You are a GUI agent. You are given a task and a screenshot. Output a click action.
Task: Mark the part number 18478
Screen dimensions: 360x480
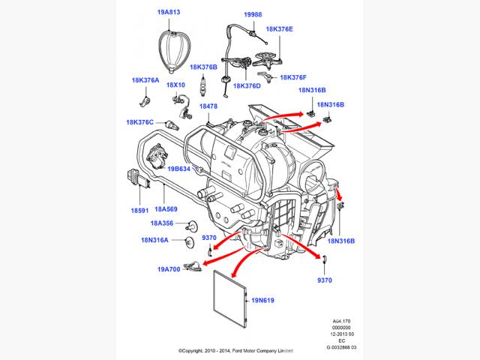[208, 106]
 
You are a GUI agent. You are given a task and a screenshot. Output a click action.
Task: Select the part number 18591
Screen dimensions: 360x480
[141, 212]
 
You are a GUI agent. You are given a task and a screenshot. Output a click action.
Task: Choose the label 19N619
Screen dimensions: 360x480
[265, 301]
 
